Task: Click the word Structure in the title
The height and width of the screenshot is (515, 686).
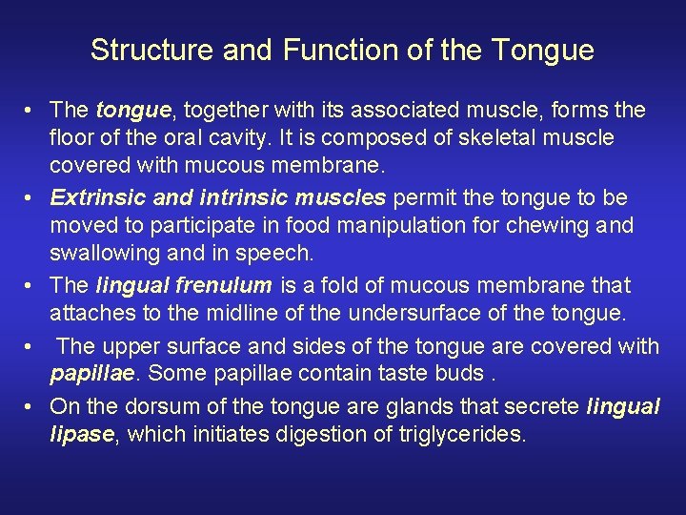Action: [x=151, y=50]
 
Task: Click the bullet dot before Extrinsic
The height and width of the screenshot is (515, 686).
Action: [x=31, y=198]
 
